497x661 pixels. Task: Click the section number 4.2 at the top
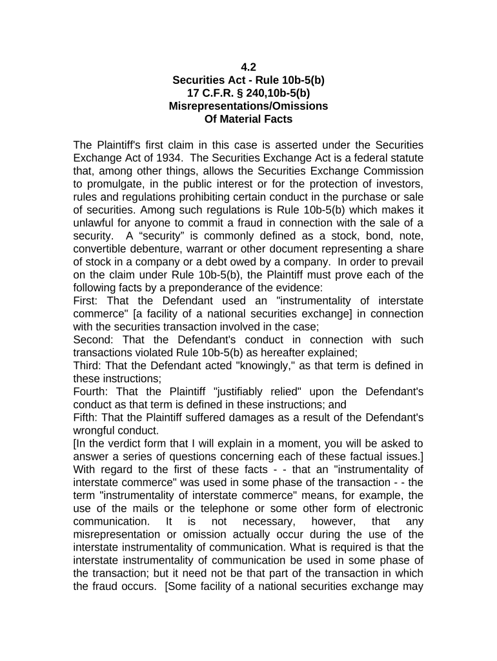249,66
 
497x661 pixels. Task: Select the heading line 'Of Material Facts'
249,119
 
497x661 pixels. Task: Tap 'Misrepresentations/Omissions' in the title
249,106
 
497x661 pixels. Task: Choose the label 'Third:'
88,366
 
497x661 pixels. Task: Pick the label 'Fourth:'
92,392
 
